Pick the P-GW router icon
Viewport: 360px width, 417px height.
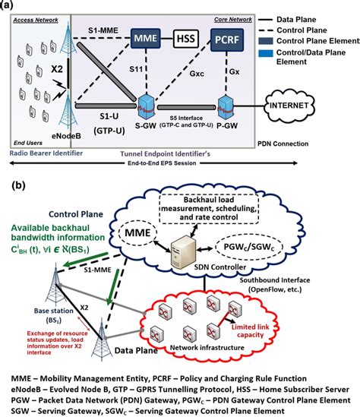click(x=225, y=103)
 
